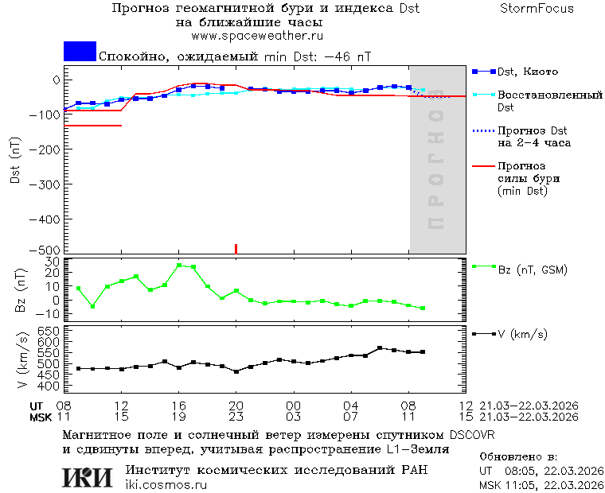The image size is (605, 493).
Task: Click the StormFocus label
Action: click(537, 9)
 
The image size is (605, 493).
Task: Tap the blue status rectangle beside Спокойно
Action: click(80, 52)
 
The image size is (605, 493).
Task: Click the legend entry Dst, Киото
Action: click(528, 72)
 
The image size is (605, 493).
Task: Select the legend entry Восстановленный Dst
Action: click(549, 100)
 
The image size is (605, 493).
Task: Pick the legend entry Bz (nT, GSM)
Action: click(532, 270)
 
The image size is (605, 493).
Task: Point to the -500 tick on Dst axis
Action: click(47, 250)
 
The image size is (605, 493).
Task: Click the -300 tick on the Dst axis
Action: click(47, 183)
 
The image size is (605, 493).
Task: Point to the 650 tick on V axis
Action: click(49, 330)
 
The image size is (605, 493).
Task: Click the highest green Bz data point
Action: click(179, 265)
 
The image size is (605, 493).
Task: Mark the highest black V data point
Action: click(380, 347)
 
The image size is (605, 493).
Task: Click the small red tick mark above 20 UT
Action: click(236, 248)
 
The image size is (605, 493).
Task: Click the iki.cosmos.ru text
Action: click(166, 485)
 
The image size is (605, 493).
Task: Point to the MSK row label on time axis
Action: click(41, 417)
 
